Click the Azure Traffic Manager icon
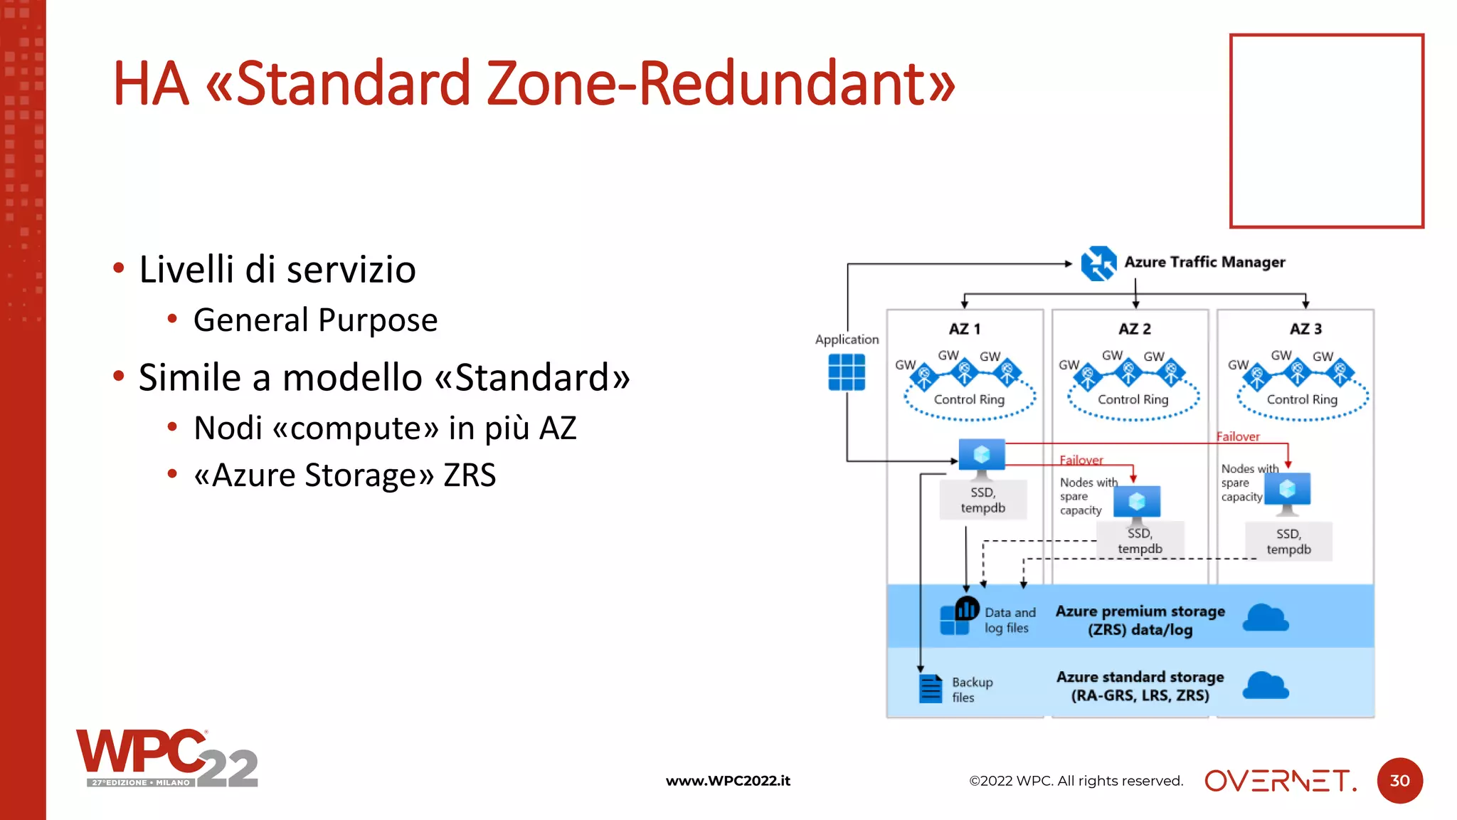(1098, 263)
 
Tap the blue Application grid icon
(847, 372)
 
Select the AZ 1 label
(965, 329)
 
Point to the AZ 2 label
(1135, 329)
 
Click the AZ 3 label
(1305, 329)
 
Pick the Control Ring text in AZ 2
(1133, 399)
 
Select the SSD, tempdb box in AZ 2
(1140, 541)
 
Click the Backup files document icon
(930, 688)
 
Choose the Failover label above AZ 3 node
(1238, 437)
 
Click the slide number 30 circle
(1399, 781)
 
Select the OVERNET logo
(1280, 781)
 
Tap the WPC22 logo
(166, 759)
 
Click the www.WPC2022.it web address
(728, 781)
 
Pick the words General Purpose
(315, 320)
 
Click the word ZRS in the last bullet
(470, 475)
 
